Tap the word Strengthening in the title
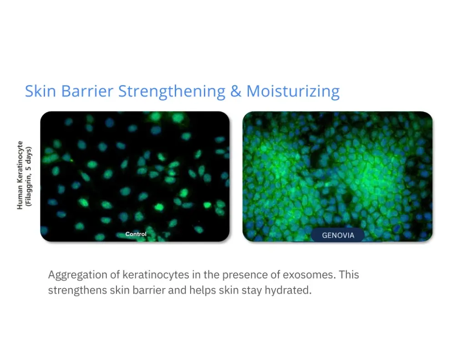[x=172, y=92]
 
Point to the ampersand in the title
[x=236, y=91]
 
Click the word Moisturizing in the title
[x=293, y=92]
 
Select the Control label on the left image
[x=136, y=234]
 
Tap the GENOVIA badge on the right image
[x=338, y=236]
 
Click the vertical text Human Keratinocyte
[x=20, y=175]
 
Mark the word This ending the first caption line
[x=349, y=275]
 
